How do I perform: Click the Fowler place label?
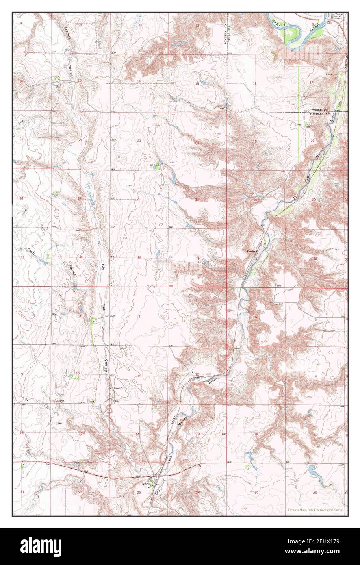click(x=250, y=252)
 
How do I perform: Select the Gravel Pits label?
click(x=121, y=388)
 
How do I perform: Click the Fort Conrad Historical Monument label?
click(x=337, y=16)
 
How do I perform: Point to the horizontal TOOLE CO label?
click(x=320, y=110)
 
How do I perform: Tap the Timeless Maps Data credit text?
click(x=315, y=510)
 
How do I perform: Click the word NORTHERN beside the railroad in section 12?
click(x=199, y=377)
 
